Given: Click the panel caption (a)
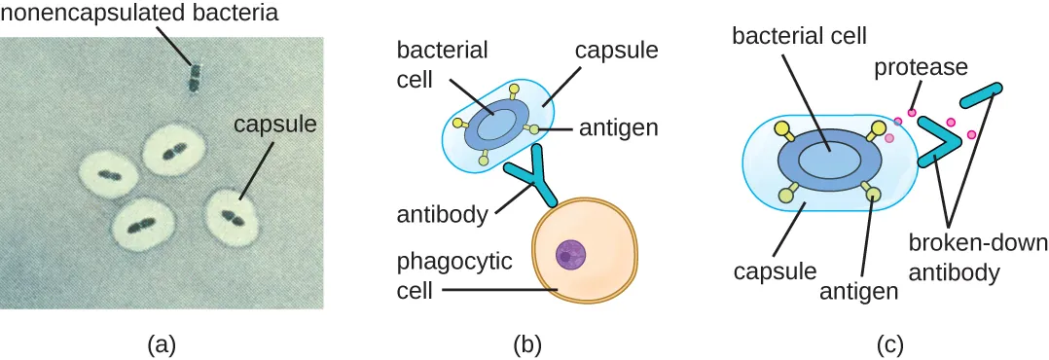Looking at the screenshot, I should pos(161,342).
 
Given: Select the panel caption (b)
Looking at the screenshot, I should pos(526,342).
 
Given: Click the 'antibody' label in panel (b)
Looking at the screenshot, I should pos(442,214).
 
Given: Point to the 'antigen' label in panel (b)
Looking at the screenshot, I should pos(618,127).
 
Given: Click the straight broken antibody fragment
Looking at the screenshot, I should pos(984,94).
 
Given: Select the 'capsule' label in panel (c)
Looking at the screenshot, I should pos(764,265).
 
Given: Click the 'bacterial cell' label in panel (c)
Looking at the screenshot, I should pos(798,37).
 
